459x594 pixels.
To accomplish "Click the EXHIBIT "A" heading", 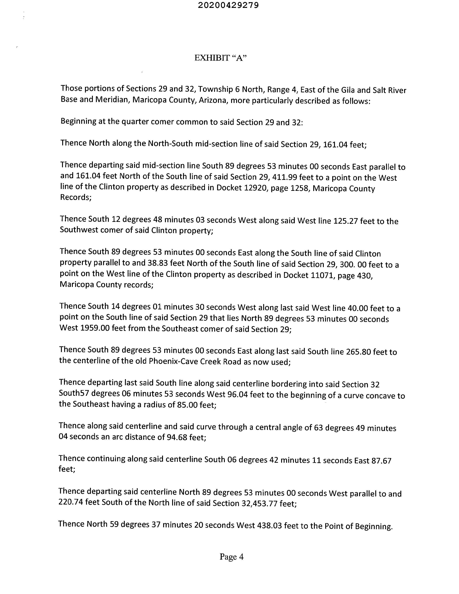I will click(220, 58).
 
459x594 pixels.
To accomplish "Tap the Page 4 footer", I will click(231, 557).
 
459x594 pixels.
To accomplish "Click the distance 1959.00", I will click(93, 328).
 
